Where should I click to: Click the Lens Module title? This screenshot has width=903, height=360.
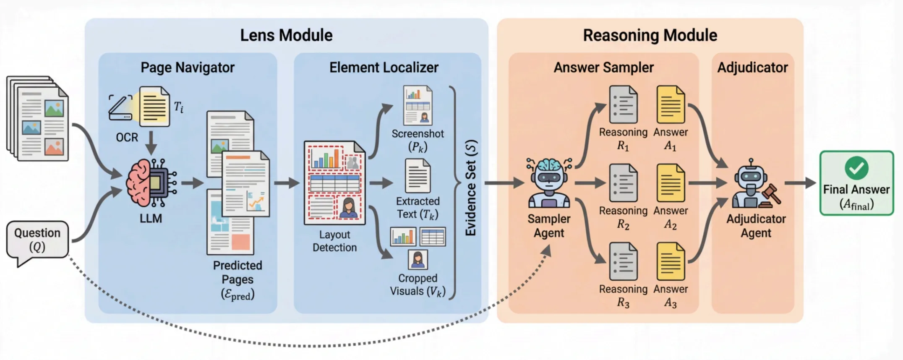[x=286, y=35]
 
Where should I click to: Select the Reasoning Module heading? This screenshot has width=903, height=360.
[x=650, y=35]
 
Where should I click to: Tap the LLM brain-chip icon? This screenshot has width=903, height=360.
[x=150, y=183]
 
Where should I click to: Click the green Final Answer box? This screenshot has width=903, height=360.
[x=856, y=183]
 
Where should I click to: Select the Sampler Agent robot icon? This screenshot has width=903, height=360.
[x=549, y=183]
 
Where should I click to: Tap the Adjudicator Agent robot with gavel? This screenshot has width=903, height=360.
[x=754, y=185]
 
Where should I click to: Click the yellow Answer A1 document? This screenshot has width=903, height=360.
[x=671, y=104]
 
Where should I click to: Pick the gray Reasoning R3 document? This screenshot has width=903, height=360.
[x=623, y=261]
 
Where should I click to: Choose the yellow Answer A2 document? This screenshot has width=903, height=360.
[x=671, y=183]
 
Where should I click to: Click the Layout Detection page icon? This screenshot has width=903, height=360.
[x=334, y=183]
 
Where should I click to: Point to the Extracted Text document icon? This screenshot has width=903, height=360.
[x=418, y=176]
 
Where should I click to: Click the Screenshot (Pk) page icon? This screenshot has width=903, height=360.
[x=418, y=105]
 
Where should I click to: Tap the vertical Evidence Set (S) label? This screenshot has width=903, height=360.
[x=471, y=188]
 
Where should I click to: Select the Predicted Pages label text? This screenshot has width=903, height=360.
[x=237, y=272]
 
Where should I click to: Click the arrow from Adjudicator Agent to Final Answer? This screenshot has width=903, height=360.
[x=800, y=183]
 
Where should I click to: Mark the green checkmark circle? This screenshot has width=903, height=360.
[x=856, y=168]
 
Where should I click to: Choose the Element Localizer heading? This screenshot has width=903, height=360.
[x=384, y=68]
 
